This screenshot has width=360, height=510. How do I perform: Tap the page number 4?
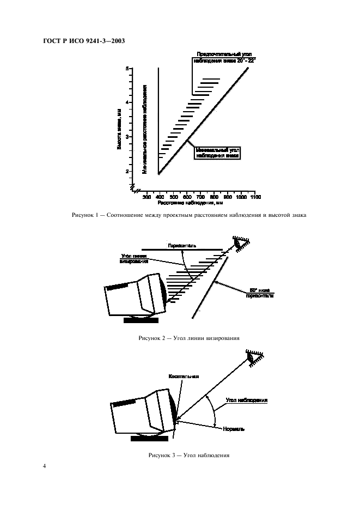coord(45,467)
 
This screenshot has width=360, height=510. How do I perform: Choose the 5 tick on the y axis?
coord(127,69)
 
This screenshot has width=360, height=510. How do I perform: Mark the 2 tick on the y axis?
coord(127,171)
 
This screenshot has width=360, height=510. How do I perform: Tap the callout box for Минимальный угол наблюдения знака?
coord(217,152)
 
